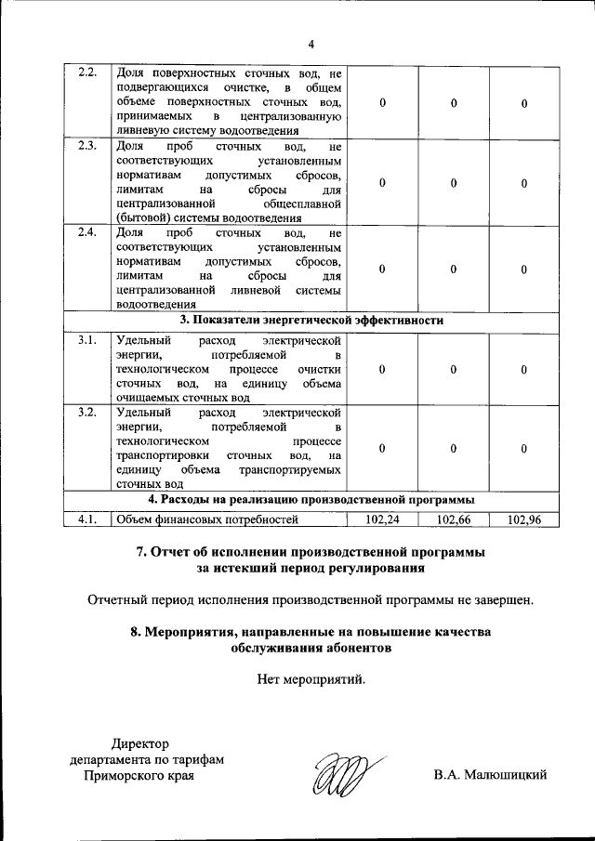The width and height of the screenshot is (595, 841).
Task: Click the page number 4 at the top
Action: tap(311, 43)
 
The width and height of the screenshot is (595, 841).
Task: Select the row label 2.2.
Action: tap(88, 72)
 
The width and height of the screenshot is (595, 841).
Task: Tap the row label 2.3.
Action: tap(88, 146)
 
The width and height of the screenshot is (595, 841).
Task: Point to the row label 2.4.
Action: tap(88, 232)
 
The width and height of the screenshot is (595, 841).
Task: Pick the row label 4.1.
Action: tap(88, 519)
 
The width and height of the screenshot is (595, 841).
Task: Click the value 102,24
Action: tap(382, 519)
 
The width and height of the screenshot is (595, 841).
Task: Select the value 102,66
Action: tap(454, 519)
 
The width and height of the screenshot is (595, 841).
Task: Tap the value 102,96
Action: tap(524, 519)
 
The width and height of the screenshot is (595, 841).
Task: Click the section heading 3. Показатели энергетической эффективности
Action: tap(311, 320)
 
